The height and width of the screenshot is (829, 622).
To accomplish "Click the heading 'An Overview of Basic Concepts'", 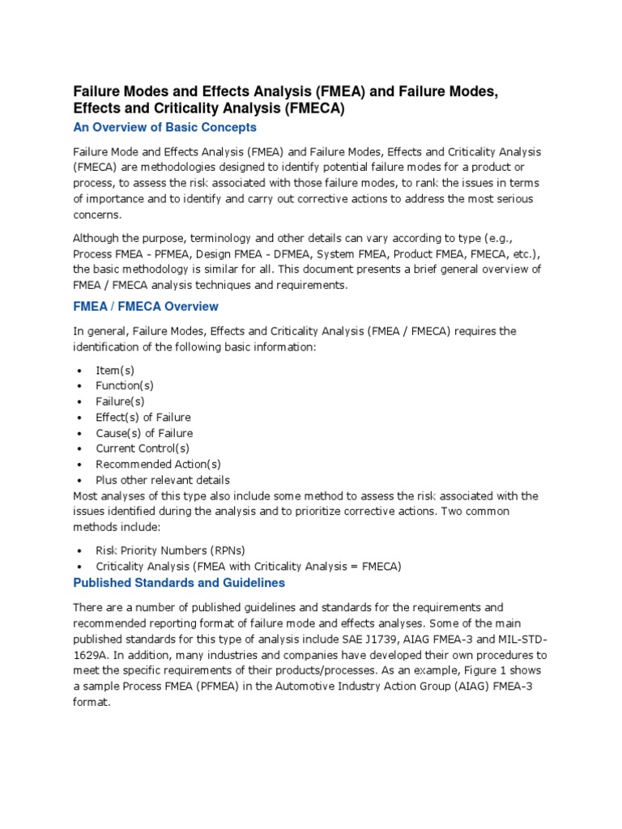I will point(165,127).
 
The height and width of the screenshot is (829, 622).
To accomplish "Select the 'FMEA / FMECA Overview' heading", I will point(146,307).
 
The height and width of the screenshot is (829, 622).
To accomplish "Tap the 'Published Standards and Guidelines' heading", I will point(179,582).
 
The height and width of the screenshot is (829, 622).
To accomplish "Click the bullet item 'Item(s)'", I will point(115,370).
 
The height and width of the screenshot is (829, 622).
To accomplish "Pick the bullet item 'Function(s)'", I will point(125,385).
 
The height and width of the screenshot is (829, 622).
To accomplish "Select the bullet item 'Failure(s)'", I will point(121,402).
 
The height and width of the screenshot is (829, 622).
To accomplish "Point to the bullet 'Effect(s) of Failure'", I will point(143,418).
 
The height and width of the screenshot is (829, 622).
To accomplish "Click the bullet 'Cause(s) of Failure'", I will point(144,433).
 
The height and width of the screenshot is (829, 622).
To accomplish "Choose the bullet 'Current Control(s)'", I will point(143,449).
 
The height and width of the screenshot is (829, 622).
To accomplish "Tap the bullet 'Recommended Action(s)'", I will point(158,465).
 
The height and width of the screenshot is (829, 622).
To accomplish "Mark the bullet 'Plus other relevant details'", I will point(163,480).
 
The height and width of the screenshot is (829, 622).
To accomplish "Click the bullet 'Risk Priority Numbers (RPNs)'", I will point(169,551).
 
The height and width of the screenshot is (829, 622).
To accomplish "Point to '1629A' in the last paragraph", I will point(91,654).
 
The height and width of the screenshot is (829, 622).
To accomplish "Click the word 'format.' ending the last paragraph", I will point(91,702).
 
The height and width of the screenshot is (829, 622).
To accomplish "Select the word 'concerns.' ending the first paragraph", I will point(97,215).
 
